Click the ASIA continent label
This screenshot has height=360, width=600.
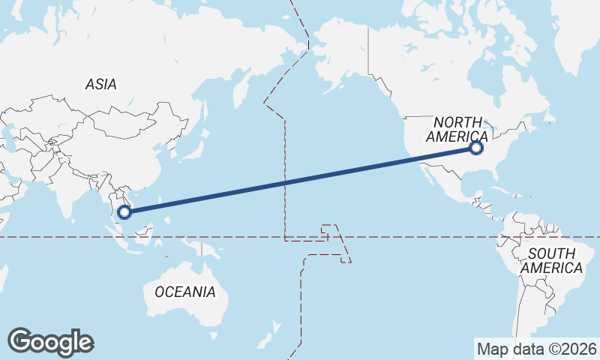(100, 85)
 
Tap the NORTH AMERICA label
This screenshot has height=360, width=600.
(457, 129)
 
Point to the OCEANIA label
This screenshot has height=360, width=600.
(184, 292)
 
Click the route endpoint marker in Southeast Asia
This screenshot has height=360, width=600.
(125, 211)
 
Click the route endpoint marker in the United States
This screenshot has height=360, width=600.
(475, 148)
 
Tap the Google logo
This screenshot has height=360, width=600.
(51, 342)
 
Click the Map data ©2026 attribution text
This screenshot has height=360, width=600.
(536, 349)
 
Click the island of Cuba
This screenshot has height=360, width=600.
(504, 189)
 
